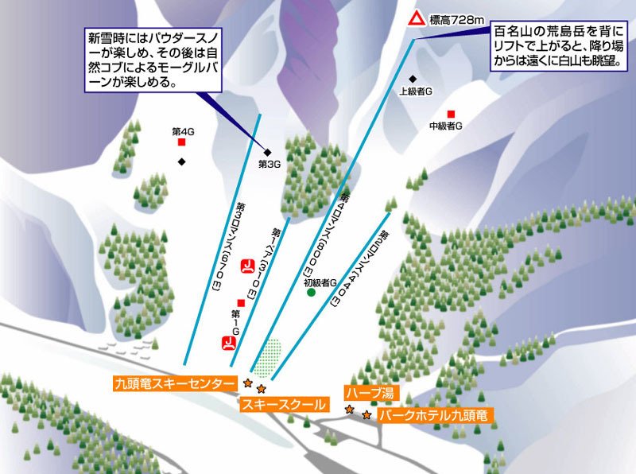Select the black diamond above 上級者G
(413, 79)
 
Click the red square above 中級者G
(451, 114)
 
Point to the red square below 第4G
(182, 142)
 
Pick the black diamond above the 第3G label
(268, 152)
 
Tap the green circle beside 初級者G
(312, 292)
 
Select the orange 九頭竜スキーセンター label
(174, 383)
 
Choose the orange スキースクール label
(284, 404)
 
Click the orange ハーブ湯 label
(369, 393)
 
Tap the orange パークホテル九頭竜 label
(434, 415)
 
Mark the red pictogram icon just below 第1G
(229, 344)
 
